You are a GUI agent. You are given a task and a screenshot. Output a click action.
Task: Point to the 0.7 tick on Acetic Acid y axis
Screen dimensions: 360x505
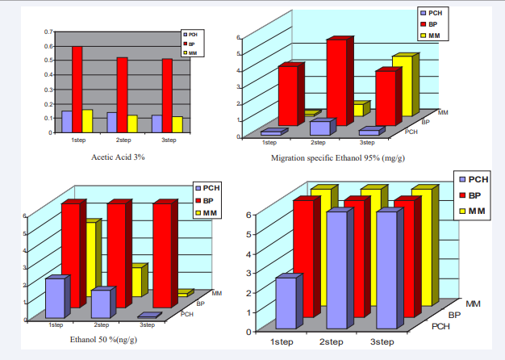click(48, 31)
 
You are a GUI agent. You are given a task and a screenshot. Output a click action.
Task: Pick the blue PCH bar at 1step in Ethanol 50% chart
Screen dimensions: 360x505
click(55, 298)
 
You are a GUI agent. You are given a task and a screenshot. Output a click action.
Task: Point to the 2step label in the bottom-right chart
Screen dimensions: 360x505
click(332, 342)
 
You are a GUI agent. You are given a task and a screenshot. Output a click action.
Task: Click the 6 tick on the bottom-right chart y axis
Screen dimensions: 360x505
click(248, 215)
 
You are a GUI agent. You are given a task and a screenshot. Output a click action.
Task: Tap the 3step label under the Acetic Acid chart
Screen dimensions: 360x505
click(169, 140)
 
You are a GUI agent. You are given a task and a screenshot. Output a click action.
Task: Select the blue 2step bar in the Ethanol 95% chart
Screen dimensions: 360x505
click(320, 128)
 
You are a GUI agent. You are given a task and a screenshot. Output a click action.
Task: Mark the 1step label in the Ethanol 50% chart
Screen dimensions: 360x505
click(56, 324)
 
